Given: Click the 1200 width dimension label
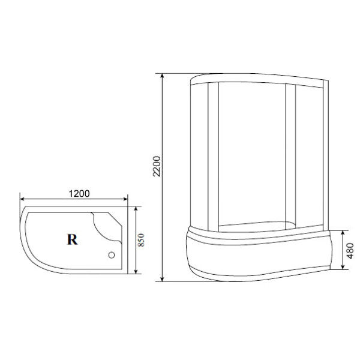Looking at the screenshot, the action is tap(79, 194).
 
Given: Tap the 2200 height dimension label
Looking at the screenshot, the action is tap(157, 166).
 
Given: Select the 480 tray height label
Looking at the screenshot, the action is tap(350, 251).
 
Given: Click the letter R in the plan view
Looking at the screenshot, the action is tap(73, 239).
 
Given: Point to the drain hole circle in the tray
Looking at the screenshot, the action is tap(112, 255).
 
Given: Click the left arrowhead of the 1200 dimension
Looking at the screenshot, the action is tap(22, 199).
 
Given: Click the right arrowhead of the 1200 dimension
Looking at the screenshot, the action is tap(125, 199).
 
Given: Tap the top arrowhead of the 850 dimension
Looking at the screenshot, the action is tap(136, 208).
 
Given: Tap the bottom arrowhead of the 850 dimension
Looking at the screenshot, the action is tap(136, 271).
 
